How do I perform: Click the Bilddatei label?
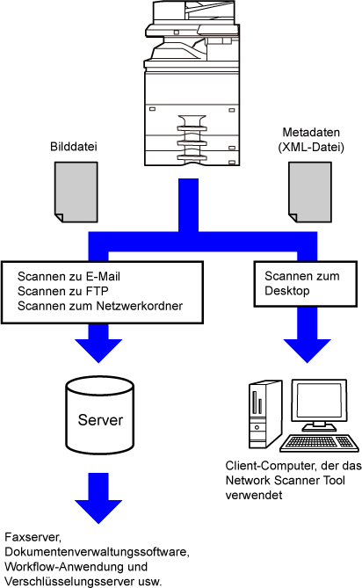pyautogui.click(x=74, y=146)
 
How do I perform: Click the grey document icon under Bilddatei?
pyautogui.click(x=76, y=192)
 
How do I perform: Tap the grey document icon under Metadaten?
pyautogui.click(x=310, y=192)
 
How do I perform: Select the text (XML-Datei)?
pyautogui.click(x=311, y=147)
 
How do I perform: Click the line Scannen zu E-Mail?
pyautogui.click(x=69, y=276)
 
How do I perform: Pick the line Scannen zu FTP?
pyautogui.click(x=63, y=291)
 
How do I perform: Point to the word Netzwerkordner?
pyautogui.click(x=140, y=306)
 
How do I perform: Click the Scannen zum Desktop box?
pyautogui.click(x=306, y=284)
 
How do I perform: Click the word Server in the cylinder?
pyautogui.click(x=100, y=419)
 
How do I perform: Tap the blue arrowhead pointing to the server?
pyautogui.click(x=98, y=350)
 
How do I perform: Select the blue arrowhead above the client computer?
pyautogui.click(x=308, y=350)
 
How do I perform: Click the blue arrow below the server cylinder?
pyautogui.click(x=98, y=498)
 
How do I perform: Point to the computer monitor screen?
pyautogui.click(x=319, y=400)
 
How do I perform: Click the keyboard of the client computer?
pyautogui.click(x=319, y=443)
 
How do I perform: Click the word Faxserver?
pyautogui.click(x=33, y=537)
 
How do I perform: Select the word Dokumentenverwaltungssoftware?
pyautogui.click(x=97, y=552)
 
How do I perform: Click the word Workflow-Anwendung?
pyautogui.click(x=62, y=566)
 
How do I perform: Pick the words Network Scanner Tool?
pyautogui.click(x=286, y=480)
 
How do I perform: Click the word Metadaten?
pyautogui.click(x=311, y=132)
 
